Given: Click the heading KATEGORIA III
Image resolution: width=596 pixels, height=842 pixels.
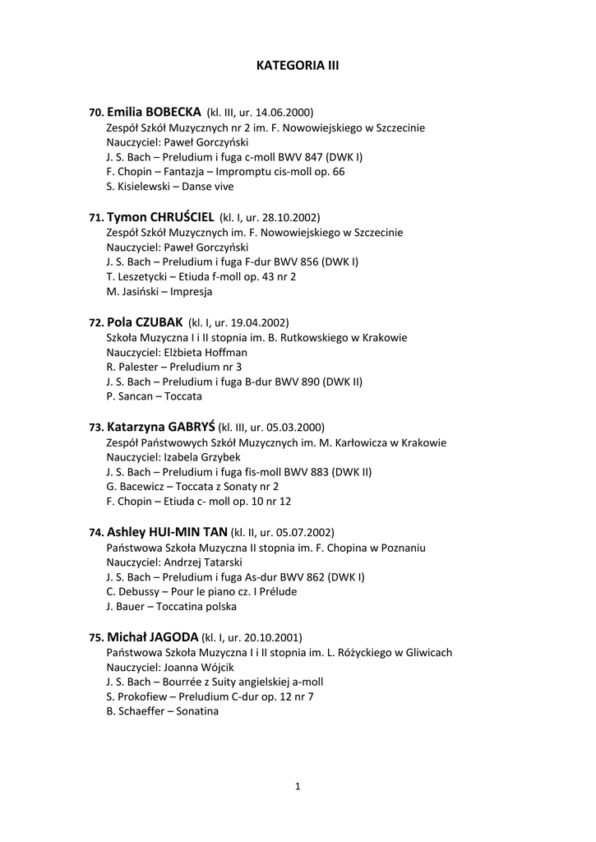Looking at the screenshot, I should pos(298,64).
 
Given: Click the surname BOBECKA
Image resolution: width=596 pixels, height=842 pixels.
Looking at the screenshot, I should pos(174,112).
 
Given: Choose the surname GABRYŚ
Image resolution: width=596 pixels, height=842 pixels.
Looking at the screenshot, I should pos(191,428).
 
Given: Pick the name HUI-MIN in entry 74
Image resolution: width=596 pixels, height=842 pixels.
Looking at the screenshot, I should pos(175,532).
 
